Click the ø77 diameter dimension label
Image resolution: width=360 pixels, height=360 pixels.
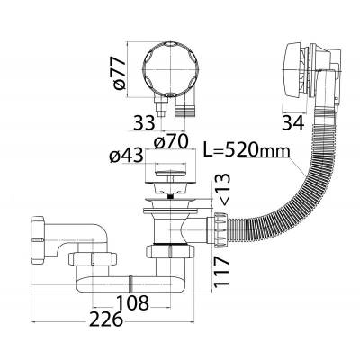click(x=120, y=74)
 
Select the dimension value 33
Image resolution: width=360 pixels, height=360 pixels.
click(x=144, y=123)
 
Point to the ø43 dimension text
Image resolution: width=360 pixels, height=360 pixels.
click(x=126, y=156)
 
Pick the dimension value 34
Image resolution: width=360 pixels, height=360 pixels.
click(x=293, y=123)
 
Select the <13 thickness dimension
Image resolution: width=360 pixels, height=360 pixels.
click(x=223, y=190)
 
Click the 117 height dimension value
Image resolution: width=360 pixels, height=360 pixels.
click(x=221, y=271)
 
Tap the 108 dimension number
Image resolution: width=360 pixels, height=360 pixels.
click(x=132, y=302)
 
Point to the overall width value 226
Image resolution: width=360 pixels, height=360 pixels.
click(x=107, y=319)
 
